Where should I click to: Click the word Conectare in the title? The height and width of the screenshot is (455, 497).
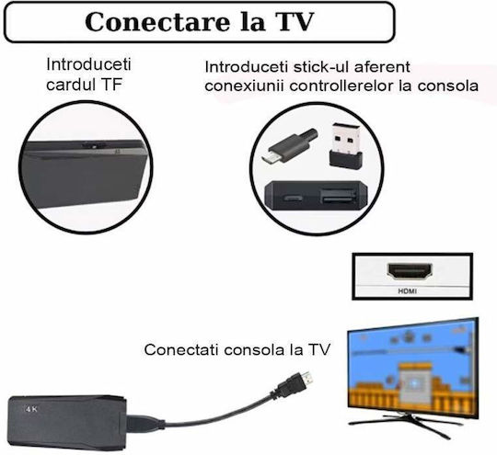(157, 22)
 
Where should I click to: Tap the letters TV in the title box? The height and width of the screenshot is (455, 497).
(295, 22)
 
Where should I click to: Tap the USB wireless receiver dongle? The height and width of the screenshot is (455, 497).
(345, 144)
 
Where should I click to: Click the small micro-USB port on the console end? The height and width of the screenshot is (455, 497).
(293, 199)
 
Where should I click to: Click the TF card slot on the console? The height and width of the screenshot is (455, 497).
(94, 145)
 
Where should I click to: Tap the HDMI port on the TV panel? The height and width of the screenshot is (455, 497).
(410, 271)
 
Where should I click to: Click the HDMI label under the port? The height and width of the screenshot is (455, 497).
(408, 291)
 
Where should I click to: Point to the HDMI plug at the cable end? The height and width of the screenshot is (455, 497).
(295, 385)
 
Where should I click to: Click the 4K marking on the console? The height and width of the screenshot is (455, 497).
(31, 409)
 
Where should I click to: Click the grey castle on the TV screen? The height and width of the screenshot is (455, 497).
(414, 383)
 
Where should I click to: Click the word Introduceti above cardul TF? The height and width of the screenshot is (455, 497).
(88, 64)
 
